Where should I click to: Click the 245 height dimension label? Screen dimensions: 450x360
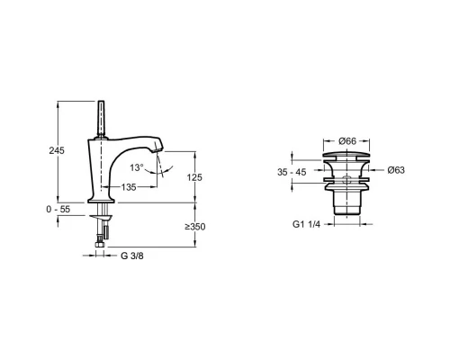tap(57, 150)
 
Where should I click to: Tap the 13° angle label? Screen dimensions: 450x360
tap(137, 167)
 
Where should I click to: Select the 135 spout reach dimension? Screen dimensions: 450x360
tap(129, 187)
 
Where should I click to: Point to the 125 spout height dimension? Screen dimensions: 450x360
tap(194, 177)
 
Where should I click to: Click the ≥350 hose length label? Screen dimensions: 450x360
tap(195, 227)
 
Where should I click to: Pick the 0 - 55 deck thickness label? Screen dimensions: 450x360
tap(58, 209)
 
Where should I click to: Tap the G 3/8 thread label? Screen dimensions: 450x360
tap(132, 256)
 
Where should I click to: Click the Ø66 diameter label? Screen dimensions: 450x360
tap(347, 140)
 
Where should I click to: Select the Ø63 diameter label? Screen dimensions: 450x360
tap(396, 170)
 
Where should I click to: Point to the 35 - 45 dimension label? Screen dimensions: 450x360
tap(292, 172)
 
